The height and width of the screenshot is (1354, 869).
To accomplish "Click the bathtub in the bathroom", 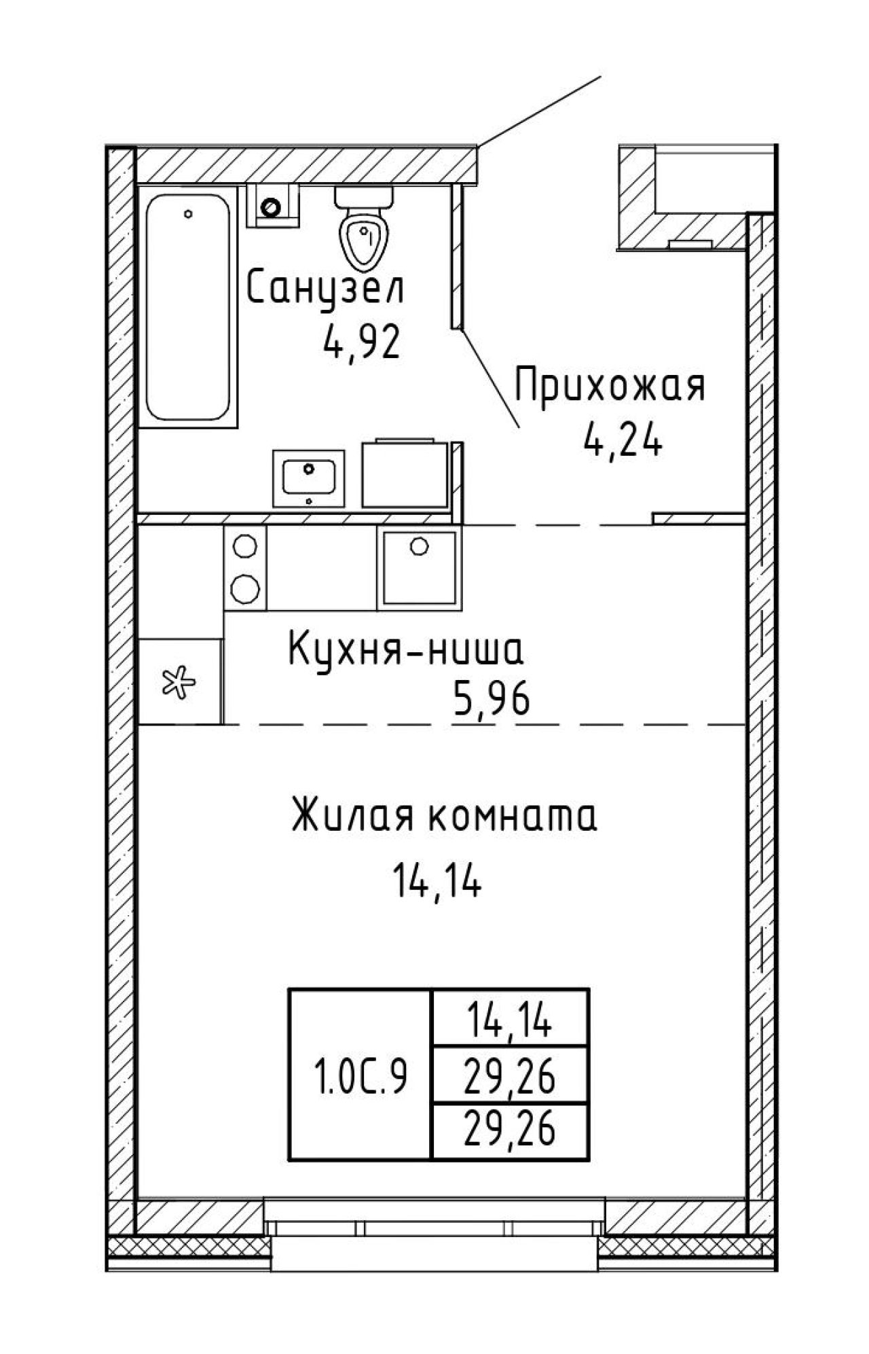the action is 189,306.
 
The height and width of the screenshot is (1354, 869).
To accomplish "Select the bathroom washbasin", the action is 309,478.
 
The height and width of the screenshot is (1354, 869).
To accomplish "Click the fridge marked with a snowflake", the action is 181,681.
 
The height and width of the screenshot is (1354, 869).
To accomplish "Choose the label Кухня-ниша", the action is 406,650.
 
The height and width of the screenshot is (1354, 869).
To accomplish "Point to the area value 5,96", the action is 490,701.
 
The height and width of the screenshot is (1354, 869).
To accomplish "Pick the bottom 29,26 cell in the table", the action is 511,1130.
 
